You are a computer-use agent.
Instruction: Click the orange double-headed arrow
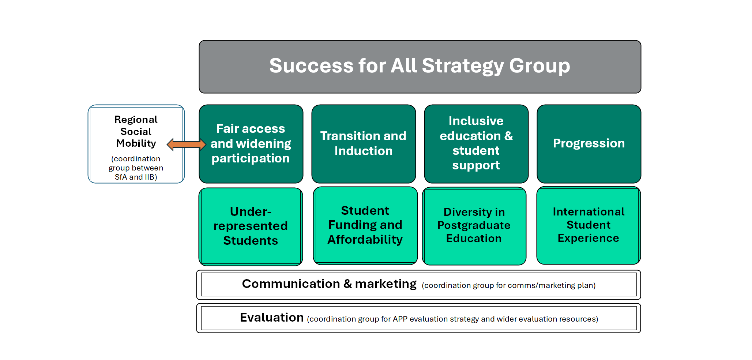(x=186, y=145)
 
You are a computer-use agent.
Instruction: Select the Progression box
(x=589, y=144)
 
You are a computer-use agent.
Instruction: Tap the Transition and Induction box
(x=364, y=144)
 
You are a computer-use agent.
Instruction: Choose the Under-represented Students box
(x=251, y=226)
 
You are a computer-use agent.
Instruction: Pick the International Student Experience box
(x=589, y=225)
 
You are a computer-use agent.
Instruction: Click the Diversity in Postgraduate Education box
(x=474, y=226)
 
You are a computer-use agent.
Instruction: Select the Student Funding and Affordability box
(x=365, y=225)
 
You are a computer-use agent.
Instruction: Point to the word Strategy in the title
(x=463, y=66)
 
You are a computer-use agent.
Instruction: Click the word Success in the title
(x=311, y=65)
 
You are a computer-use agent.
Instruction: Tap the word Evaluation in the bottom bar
(x=272, y=318)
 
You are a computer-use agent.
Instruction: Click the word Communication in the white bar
(x=291, y=284)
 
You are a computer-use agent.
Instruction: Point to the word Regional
(x=136, y=120)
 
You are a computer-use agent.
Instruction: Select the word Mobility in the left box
(x=136, y=143)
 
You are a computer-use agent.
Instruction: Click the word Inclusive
(x=476, y=121)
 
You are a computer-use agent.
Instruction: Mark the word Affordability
(x=365, y=240)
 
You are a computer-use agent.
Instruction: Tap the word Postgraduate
(x=474, y=225)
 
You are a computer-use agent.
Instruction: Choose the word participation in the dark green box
(x=251, y=159)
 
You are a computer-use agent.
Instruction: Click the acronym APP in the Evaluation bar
(x=400, y=319)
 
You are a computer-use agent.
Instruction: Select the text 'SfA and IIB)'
(x=136, y=177)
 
